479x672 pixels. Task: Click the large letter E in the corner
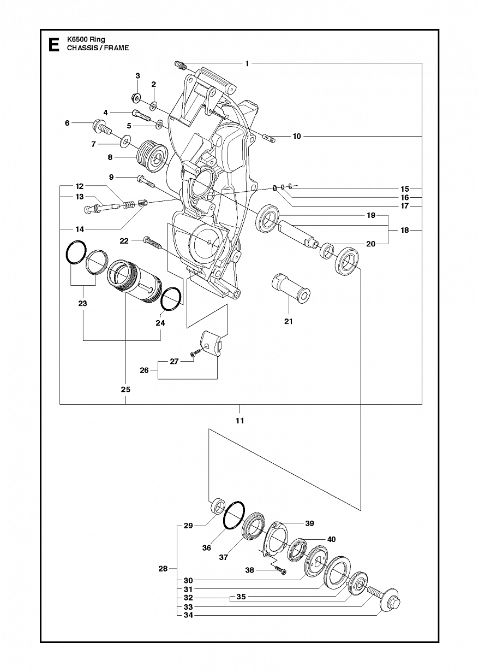pos(54,45)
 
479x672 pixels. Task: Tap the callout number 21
pos(288,321)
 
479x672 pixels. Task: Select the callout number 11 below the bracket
pos(239,421)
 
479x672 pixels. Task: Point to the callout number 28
pos(163,569)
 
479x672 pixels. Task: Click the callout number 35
pos(241,597)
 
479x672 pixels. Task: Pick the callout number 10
pos(297,136)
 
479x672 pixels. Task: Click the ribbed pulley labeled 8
pos(152,157)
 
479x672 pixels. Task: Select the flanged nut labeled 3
pos(136,97)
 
